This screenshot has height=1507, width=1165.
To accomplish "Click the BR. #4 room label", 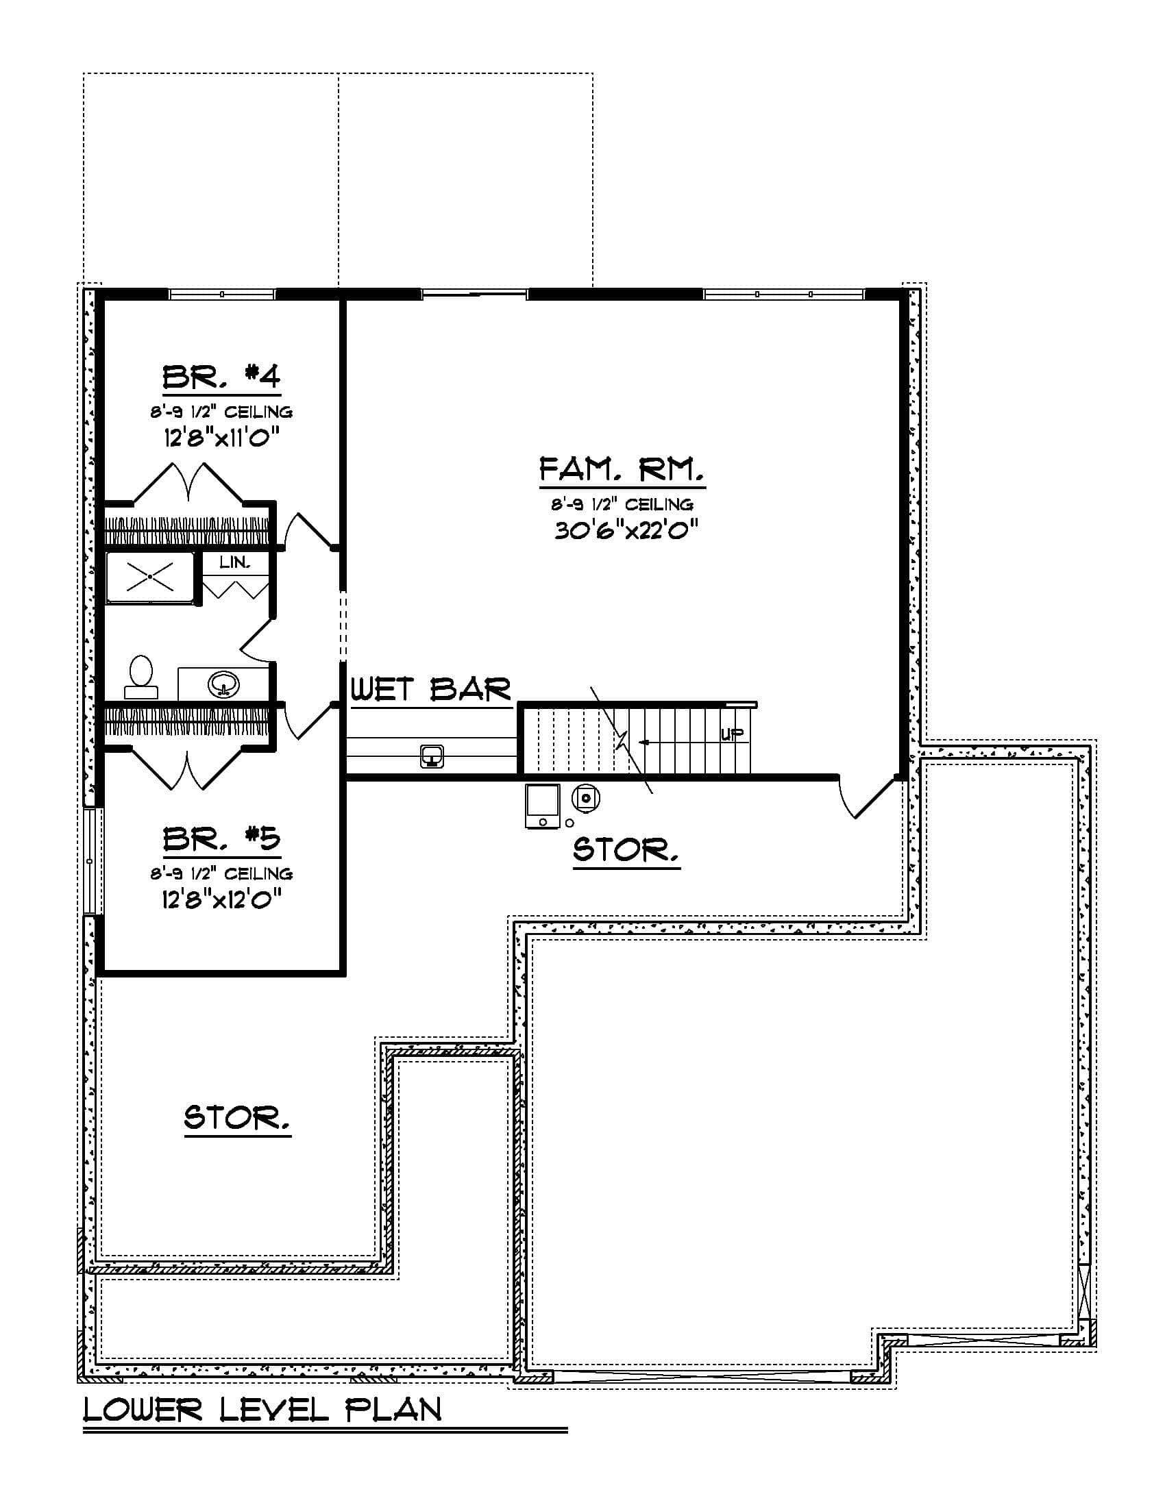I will point(221,377).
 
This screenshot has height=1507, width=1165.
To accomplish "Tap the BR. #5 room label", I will point(221,838).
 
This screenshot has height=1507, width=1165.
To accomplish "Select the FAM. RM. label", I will point(622,470).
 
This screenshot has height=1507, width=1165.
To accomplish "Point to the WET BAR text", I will point(431,689).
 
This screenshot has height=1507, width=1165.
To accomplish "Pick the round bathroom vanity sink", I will point(223,684).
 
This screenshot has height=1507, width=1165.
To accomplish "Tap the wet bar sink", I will point(432,756).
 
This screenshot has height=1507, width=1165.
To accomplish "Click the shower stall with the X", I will point(150,577).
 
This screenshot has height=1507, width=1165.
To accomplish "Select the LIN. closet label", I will point(234,562).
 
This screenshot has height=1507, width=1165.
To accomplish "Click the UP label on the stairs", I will point(733,734).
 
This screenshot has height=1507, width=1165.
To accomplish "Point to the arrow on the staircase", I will point(648,743).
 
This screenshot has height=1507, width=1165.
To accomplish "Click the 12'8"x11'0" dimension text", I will point(221,438).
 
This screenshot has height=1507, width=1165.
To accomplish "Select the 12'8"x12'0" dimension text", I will point(221,899).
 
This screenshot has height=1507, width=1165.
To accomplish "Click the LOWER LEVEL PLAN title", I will point(262,1410).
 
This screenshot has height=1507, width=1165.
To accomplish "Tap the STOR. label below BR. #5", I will point(236,1117).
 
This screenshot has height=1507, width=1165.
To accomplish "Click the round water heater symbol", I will point(586,798).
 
